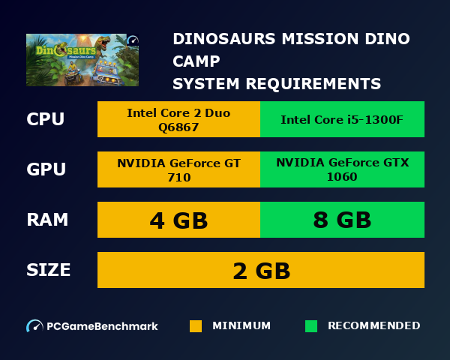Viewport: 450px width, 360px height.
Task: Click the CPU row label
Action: [45, 120]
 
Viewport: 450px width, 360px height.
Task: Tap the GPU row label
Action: [45, 169]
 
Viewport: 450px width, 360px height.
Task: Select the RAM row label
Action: [47, 220]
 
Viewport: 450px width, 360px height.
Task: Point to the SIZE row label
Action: [49, 270]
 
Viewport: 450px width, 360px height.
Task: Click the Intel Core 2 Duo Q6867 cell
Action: [178, 120]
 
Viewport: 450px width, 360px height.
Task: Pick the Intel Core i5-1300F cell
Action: [342, 120]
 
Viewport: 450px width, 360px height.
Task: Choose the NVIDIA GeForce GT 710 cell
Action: [178, 170]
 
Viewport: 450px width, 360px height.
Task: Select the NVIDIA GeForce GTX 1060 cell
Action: [342, 170]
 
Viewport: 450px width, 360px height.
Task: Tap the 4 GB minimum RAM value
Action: [178, 220]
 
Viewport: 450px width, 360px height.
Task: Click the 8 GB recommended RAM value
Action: [342, 220]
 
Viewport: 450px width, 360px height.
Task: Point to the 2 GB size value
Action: [261, 270]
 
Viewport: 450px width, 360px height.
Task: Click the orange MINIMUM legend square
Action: [196, 326]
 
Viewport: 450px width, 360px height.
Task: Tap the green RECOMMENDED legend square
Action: [311, 326]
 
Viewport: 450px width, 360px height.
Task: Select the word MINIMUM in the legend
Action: [241, 326]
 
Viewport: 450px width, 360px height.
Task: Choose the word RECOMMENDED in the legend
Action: [373, 326]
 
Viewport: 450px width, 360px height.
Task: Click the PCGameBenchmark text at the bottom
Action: [102, 326]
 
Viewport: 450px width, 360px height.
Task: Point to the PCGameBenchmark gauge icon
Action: [34, 326]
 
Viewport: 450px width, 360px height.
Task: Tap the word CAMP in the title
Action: [196, 61]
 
